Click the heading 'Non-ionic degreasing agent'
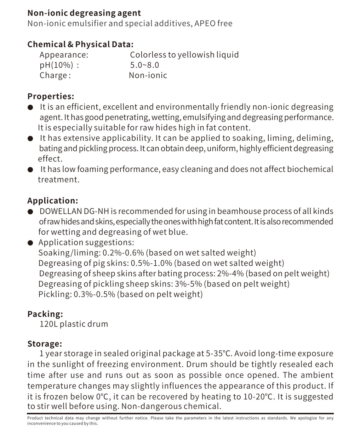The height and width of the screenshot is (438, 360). pos(84,13)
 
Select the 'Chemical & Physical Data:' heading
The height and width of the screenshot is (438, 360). pos(80,45)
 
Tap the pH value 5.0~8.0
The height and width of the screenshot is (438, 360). pos(144,65)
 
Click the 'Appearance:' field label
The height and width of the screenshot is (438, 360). pos(64,55)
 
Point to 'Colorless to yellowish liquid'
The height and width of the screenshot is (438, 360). pos(184,55)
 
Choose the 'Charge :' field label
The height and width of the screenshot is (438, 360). pos(55,75)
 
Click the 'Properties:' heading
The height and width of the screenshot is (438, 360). pos(51,97)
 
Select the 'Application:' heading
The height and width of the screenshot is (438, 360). pos(52,201)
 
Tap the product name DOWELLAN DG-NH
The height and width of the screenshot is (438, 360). pos(74,211)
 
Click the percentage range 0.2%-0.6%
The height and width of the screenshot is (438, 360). pos(123,253)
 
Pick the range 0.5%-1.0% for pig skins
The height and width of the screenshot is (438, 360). pos(152,263)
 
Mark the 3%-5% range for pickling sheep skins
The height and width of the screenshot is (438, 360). pos(188,284)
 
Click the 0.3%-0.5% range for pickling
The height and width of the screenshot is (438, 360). pos(94,294)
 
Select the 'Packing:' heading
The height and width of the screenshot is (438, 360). pos(45,314)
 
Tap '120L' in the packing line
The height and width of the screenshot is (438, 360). pos(48,324)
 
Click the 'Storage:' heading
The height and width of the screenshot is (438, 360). pos(45,344)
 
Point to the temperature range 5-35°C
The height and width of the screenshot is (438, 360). pos(219,353)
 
